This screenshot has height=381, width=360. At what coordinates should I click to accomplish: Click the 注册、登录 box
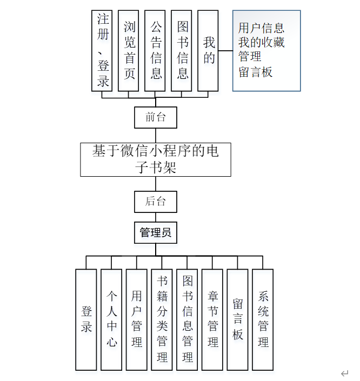103,51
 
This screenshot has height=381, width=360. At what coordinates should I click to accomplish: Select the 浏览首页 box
130,51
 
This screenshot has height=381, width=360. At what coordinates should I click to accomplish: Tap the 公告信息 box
156,51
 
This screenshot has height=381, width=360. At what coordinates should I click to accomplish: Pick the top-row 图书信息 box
183,51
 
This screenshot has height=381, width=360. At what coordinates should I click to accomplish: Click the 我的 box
209,51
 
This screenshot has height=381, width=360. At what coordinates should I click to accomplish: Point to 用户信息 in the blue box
261,28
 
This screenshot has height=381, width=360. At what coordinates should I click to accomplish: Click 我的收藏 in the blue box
261,42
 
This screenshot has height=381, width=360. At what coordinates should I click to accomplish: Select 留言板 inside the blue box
255,71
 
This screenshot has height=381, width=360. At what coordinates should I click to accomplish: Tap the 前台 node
156,116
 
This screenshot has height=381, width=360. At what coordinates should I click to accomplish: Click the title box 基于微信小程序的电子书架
156,159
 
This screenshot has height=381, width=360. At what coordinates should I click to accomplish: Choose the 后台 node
156,202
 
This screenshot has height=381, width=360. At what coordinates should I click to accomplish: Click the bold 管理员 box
156,233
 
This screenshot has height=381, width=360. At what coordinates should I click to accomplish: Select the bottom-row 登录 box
86,319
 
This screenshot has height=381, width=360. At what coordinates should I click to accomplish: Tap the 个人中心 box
111,319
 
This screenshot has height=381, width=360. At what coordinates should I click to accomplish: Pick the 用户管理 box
137,319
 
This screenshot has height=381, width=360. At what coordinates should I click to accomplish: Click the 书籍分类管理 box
162,319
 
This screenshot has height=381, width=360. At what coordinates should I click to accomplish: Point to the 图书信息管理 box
188,319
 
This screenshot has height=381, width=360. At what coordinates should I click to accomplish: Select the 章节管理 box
212,319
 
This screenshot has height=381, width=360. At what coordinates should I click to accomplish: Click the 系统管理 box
263,319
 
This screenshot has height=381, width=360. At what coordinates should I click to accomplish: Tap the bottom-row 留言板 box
238,319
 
